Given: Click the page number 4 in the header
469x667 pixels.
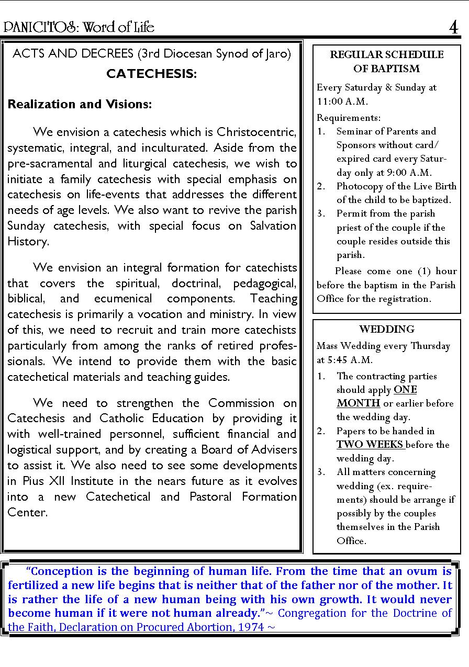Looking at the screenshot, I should pyautogui.click(x=453, y=27).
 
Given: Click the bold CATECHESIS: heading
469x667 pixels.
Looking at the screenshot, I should pyautogui.click(x=151, y=74).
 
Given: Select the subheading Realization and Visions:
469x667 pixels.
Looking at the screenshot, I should pyautogui.click(x=80, y=104).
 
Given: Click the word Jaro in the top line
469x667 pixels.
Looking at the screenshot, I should pyautogui.click(x=278, y=54).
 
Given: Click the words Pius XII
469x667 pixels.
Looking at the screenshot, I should pyautogui.click(x=41, y=481).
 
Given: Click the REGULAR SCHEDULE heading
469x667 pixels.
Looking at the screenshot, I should pyautogui.click(x=386, y=55).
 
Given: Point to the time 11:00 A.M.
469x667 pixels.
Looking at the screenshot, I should pyautogui.click(x=342, y=101).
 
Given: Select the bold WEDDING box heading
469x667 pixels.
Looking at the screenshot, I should pyautogui.click(x=386, y=329).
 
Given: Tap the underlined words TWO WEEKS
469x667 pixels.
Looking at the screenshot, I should pyautogui.click(x=370, y=445).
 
